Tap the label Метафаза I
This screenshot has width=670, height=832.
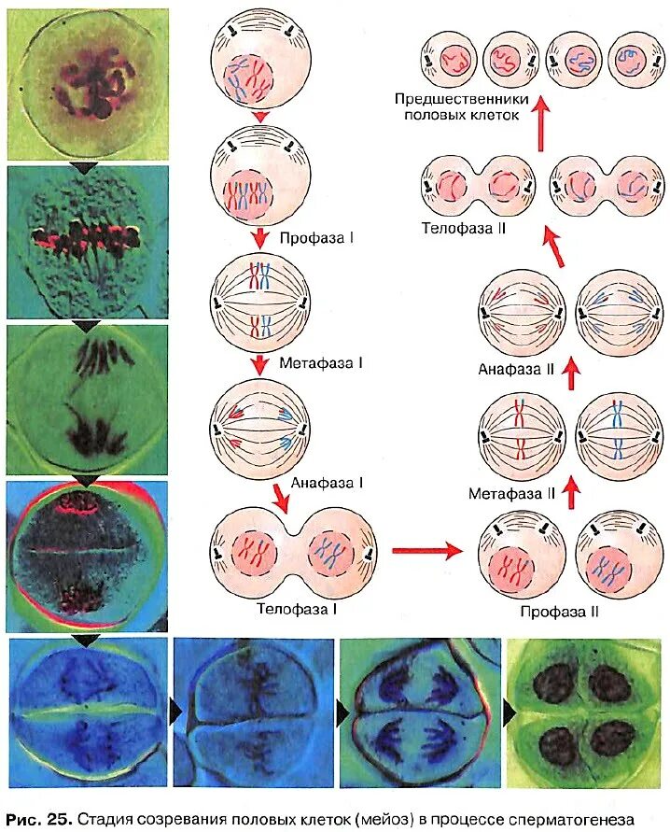click(x=320, y=360)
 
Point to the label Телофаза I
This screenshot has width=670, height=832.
click(x=297, y=608)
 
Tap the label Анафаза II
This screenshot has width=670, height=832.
click(x=517, y=369)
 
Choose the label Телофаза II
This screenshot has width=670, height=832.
click(x=463, y=227)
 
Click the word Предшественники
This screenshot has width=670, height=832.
click(x=461, y=99)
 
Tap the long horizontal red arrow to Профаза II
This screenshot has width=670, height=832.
click(x=427, y=550)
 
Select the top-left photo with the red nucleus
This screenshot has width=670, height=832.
click(x=87, y=84)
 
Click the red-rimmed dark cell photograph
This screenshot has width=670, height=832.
click(x=87, y=556)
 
